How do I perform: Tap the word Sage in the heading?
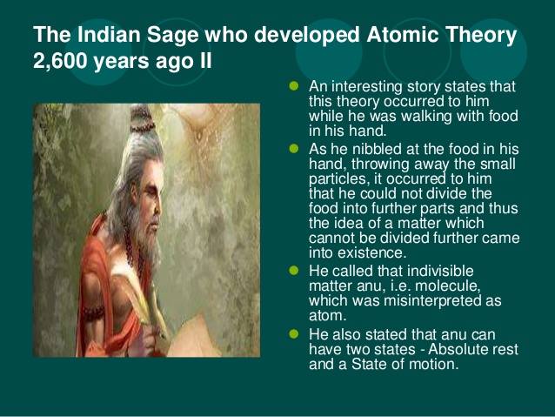(x=161, y=36)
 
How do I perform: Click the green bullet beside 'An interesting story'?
(x=293, y=87)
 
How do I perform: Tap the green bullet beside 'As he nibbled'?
(x=293, y=150)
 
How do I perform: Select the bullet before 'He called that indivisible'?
(x=293, y=269)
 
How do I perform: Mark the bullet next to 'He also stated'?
(x=293, y=333)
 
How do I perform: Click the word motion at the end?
(x=432, y=364)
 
